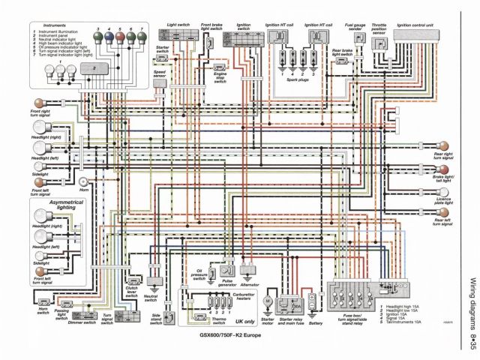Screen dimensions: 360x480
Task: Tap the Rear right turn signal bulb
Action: [443, 145]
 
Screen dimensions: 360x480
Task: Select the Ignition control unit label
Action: [415, 25]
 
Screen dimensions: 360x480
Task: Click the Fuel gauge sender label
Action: [355, 28]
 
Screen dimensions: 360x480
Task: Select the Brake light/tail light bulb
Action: [444, 169]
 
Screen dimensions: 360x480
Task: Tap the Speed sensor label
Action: [159, 76]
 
